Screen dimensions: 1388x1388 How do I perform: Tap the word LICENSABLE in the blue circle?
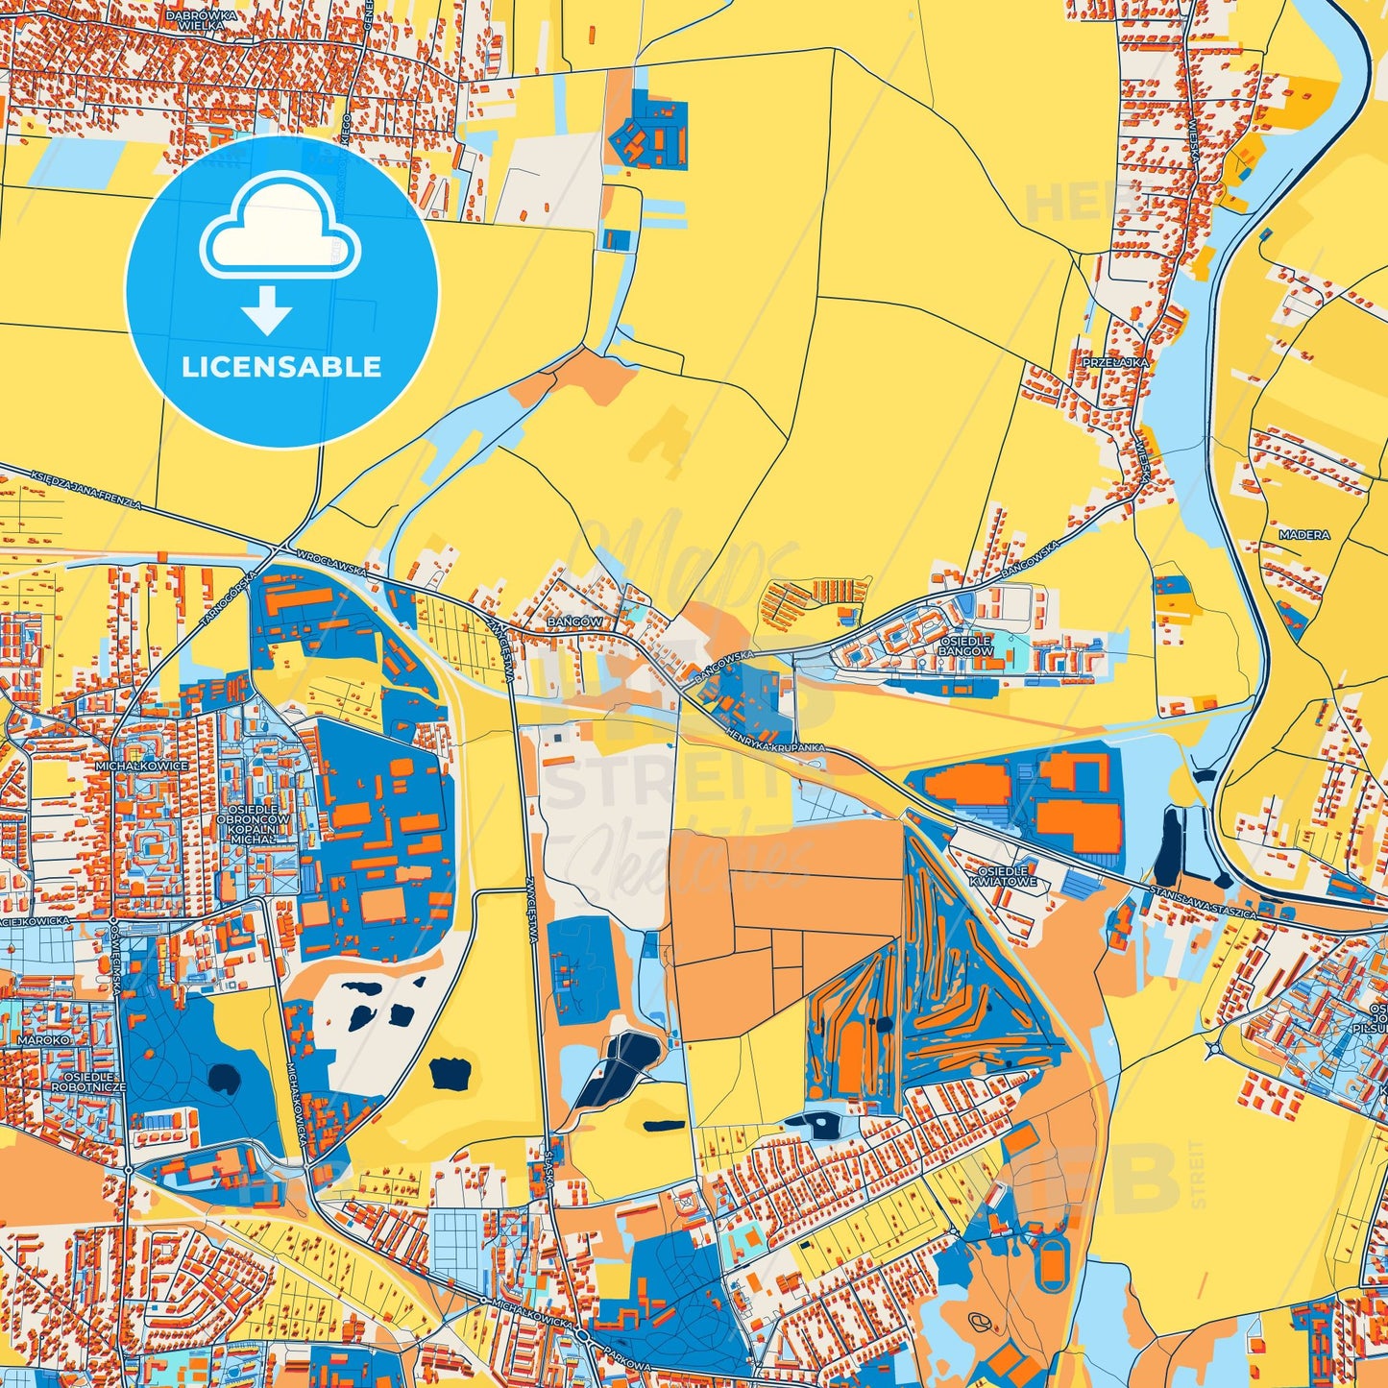click(281, 367)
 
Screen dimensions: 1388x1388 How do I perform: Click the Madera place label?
click(1304, 535)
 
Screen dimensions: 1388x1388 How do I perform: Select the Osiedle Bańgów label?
click(965, 645)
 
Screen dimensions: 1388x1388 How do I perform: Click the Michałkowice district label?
click(142, 767)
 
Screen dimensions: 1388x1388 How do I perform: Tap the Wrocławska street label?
click(332, 563)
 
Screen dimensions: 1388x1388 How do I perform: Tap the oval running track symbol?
click(1052, 1263)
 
